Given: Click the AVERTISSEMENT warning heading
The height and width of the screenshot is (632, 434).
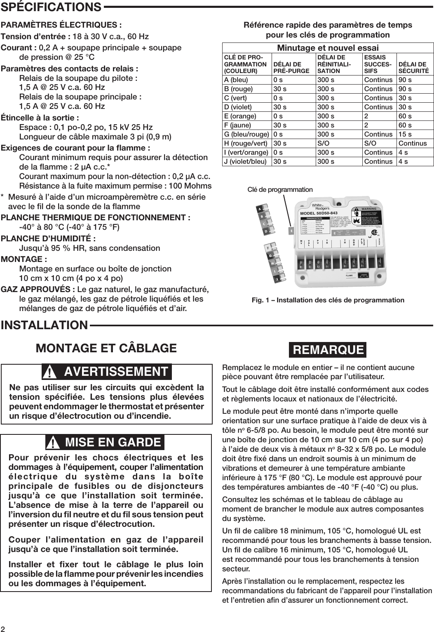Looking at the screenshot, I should tap(116, 372).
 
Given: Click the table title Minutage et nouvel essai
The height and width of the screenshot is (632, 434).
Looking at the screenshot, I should tap(328, 48).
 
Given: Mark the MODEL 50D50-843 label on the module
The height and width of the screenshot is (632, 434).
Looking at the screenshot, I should tap(319, 213).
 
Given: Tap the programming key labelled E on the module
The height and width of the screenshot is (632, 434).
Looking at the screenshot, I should tap(291, 231).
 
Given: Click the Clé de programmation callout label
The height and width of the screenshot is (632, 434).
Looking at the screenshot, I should tap(280, 190).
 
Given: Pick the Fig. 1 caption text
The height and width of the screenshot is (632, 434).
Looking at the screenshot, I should tap(328, 300).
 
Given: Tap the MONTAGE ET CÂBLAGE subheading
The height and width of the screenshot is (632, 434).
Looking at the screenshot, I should tap(106, 348).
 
